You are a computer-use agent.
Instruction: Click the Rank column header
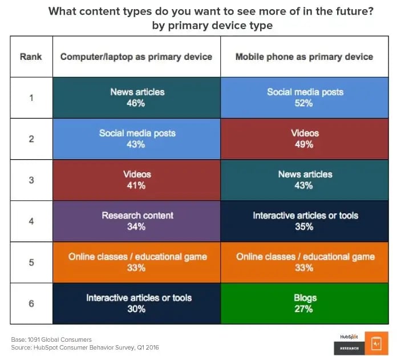pos(31,56)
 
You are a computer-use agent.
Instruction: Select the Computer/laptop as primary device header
pos(136,56)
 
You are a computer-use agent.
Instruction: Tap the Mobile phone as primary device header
pos(305,56)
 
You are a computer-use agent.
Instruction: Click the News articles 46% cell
pos(136,98)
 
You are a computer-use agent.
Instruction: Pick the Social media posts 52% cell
pos(305,98)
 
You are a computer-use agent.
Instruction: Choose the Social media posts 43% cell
pos(136,139)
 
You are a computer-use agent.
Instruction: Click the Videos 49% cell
pos(305,139)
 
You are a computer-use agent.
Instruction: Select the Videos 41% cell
pos(136,180)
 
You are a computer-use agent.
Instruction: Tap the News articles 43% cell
pos(305,180)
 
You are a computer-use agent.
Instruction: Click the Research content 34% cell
pos(136,221)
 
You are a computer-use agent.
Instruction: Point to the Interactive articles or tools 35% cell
pos(305,221)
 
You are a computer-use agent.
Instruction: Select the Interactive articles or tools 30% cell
pos(136,303)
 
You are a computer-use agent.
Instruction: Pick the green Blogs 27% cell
pos(305,303)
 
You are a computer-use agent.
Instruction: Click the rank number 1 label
pos(31,98)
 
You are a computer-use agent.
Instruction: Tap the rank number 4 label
pos(31,221)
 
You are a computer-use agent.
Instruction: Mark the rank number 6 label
pos(31,303)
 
